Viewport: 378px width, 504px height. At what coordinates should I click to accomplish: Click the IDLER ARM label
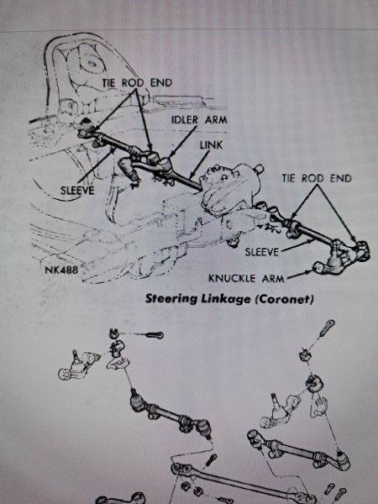(199, 119)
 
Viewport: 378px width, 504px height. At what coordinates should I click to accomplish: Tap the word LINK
(211, 145)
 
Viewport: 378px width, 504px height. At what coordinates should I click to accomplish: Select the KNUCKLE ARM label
(246, 278)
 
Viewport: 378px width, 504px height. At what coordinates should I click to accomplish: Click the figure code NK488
(61, 270)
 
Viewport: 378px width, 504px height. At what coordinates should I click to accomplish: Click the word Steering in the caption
(171, 299)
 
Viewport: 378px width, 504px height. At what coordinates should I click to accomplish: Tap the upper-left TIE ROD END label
(137, 82)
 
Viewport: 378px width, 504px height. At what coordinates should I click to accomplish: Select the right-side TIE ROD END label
(317, 178)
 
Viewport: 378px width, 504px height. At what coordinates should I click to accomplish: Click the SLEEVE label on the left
(77, 191)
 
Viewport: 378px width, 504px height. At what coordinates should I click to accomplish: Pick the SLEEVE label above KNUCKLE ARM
(261, 252)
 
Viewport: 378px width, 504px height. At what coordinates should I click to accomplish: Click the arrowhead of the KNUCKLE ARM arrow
(309, 272)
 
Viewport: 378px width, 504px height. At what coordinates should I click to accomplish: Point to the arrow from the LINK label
(199, 165)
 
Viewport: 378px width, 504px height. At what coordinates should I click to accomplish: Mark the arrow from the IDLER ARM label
(182, 141)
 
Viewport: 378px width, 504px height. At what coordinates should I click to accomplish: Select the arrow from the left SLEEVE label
(97, 165)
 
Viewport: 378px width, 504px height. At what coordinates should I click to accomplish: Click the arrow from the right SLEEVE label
(297, 245)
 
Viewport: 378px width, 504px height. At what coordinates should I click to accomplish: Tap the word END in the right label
(341, 178)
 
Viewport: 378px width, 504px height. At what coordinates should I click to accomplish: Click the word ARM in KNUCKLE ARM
(273, 278)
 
